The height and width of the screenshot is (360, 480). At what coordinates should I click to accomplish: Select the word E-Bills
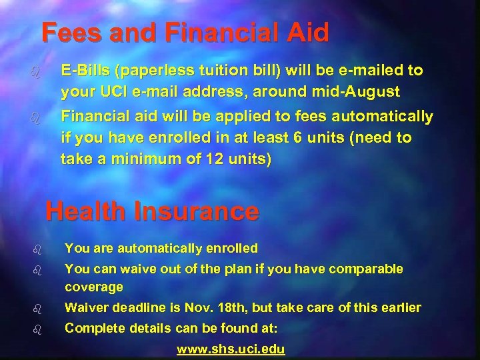(85, 71)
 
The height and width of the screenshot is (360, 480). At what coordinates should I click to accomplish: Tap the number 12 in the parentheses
(213, 159)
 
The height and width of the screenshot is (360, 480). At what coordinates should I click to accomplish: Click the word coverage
(94, 287)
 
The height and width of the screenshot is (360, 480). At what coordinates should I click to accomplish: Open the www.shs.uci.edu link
(230, 349)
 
